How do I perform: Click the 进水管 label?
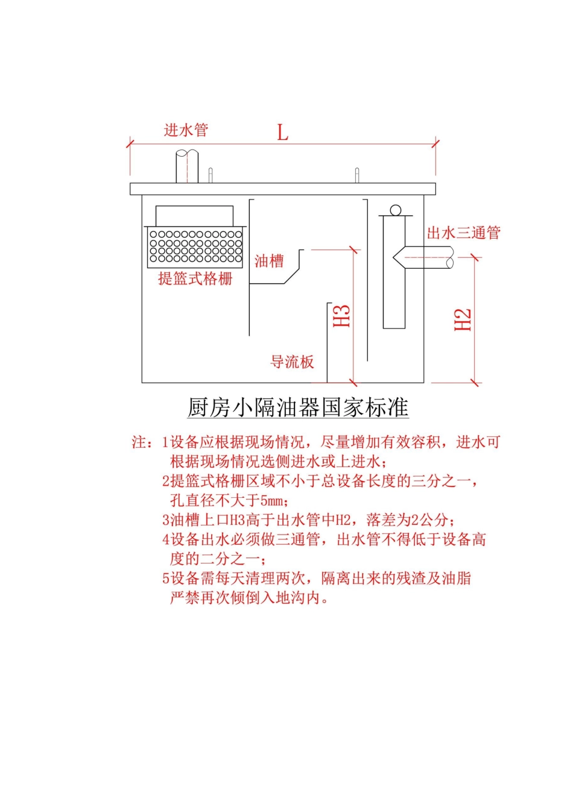[186, 130]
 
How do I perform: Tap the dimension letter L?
[282, 132]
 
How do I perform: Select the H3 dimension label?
[342, 316]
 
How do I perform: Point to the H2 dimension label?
[463, 319]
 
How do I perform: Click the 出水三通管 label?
[463, 233]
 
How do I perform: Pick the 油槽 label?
[269, 261]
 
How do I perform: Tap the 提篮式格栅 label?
[195, 278]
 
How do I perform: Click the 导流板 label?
[292, 362]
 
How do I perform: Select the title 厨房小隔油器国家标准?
[298, 407]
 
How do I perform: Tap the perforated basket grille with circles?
[196, 246]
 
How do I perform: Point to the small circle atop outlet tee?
[396, 210]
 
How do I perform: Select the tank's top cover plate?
[282, 189]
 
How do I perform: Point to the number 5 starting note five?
[166, 579]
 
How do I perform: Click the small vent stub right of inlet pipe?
[211, 175]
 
